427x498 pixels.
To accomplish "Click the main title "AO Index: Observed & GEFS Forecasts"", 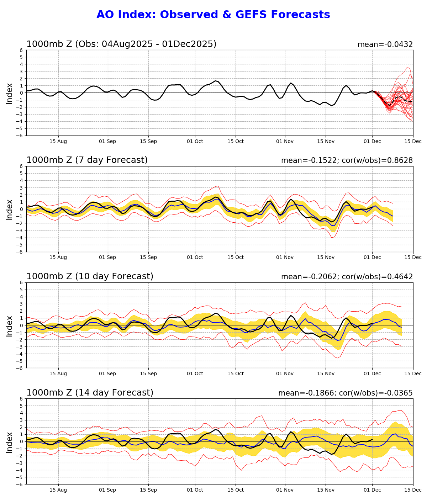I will [x=213, y=15].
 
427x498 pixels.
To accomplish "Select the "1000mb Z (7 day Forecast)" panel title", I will [x=87, y=160].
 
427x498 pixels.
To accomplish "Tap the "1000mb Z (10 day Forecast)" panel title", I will [x=90, y=276].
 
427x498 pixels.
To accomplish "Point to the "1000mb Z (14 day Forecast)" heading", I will [x=90, y=393].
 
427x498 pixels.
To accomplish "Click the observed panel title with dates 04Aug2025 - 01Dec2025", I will [x=121, y=44].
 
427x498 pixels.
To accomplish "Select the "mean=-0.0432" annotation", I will [x=385, y=44].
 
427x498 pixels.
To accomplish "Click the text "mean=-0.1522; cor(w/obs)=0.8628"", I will [x=347, y=160].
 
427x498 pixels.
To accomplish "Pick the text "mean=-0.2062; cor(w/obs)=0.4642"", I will [x=347, y=277].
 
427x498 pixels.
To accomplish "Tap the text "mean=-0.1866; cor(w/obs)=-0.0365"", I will [x=346, y=393].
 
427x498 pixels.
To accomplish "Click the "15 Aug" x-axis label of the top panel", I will [x=58, y=141].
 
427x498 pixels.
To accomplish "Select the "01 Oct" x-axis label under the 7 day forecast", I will [x=195, y=258].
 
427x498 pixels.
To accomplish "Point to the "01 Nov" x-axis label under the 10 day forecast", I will [x=285, y=373].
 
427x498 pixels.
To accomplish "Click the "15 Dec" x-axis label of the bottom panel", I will [x=413, y=490].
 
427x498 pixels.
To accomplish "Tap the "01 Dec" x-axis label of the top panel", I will [x=372, y=141].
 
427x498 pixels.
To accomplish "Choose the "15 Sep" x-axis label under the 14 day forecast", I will [x=148, y=490].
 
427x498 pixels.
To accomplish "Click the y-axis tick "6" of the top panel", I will [x=21, y=50].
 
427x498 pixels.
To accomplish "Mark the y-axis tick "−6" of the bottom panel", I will [x=20, y=484].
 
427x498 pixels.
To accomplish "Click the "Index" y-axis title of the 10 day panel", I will [x=10, y=325].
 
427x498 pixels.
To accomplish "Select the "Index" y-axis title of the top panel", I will [x=10, y=93].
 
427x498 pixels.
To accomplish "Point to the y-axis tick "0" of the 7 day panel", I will [x=21, y=209].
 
